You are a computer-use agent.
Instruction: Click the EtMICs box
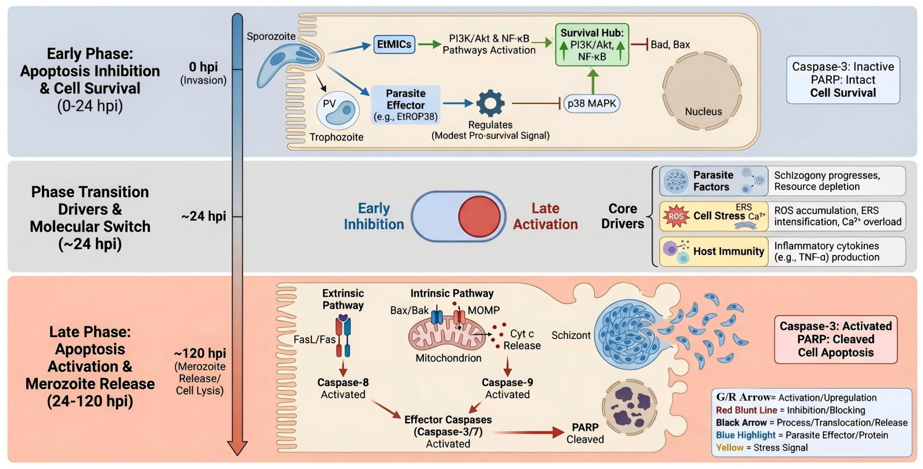pyautogui.click(x=394, y=44)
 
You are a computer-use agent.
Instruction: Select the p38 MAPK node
pyautogui.click(x=592, y=103)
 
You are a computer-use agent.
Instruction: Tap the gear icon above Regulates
pyautogui.click(x=490, y=103)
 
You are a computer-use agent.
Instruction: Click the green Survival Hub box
pyautogui.click(x=592, y=45)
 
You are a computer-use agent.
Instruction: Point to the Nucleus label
pyautogui.click(x=703, y=111)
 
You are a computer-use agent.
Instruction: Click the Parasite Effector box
pyautogui.click(x=406, y=105)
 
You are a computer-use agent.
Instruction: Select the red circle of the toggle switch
pyautogui.click(x=479, y=217)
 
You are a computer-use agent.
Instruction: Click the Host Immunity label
pyautogui.click(x=729, y=251)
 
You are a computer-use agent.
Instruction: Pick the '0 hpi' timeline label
pyautogui.click(x=203, y=67)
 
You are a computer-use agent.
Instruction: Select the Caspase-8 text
pyautogui.click(x=343, y=382)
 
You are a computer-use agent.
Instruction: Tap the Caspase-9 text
pyautogui.click(x=507, y=382)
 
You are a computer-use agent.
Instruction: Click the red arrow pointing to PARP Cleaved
pyautogui.click(x=529, y=432)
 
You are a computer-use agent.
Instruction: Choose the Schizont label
pyautogui.click(x=571, y=335)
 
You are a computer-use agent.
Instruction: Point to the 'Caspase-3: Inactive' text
pyautogui.click(x=843, y=67)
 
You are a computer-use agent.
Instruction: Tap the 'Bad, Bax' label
pyautogui.click(x=670, y=44)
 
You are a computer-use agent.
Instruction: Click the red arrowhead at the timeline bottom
pyautogui.click(x=237, y=448)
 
